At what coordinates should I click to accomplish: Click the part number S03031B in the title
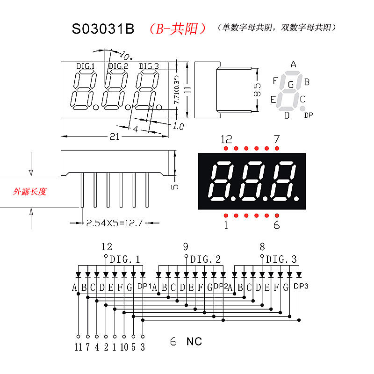click(103, 29)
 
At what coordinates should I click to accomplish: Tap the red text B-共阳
click(177, 29)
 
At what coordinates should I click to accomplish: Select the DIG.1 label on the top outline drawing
click(85, 66)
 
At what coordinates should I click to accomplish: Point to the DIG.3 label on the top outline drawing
click(149, 66)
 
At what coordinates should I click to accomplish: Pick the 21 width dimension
click(115, 137)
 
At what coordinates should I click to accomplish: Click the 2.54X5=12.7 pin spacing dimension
click(114, 223)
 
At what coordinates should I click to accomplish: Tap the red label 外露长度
click(30, 192)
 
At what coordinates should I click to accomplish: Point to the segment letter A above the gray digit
click(293, 65)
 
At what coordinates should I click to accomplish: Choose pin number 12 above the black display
click(226, 139)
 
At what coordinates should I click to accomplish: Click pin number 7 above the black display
click(276, 139)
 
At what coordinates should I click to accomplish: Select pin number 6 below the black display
click(276, 225)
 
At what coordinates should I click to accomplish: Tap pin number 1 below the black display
click(226, 225)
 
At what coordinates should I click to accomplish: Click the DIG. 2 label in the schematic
click(205, 259)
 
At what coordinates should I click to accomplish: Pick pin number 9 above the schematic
click(186, 247)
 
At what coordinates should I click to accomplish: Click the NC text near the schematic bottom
click(194, 342)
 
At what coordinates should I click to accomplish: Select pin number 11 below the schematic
click(78, 347)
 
